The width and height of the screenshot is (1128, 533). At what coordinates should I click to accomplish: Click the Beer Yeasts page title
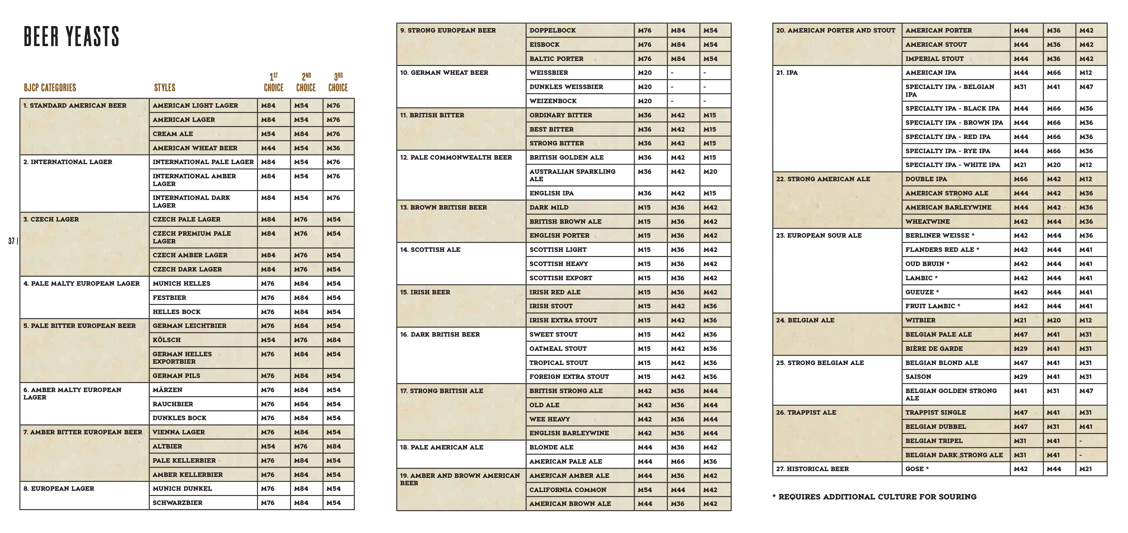(71, 36)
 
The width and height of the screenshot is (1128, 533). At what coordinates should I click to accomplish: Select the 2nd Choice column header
(306, 82)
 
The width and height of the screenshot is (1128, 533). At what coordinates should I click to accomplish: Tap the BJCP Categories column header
(50, 87)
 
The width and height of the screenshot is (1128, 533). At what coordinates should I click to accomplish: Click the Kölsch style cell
(167, 340)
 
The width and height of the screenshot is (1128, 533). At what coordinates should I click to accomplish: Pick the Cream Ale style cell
(173, 134)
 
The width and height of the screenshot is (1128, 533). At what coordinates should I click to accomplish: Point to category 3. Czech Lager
(51, 219)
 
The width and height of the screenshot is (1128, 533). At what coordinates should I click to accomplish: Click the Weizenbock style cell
(553, 101)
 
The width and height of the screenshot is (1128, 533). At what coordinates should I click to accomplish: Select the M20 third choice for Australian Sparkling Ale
(710, 172)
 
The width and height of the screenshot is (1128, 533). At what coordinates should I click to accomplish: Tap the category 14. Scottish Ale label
(430, 250)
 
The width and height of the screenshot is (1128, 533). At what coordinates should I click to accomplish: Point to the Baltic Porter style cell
(556, 59)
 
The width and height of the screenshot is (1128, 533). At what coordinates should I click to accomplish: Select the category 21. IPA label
(787, 73)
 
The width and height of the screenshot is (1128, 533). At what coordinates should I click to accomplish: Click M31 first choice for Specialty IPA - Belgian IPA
(1020, 87)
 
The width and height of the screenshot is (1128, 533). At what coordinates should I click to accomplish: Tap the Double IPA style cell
(926, 179)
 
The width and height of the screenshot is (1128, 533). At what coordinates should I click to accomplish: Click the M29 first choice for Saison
(1020, 377)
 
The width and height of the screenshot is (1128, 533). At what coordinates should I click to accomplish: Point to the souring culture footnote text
(874, 497)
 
